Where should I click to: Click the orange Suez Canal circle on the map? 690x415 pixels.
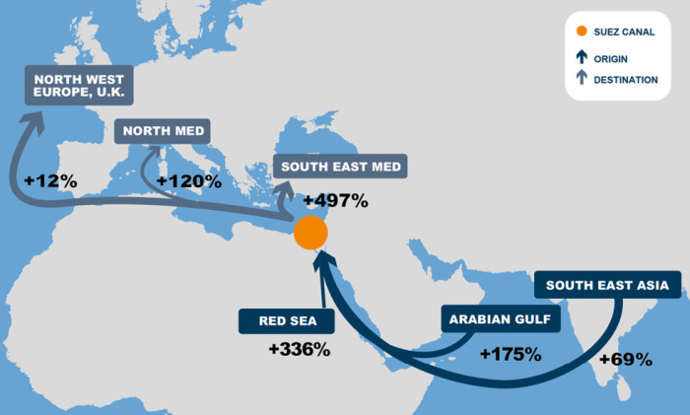(x=310, y=234)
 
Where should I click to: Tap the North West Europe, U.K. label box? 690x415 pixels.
(x=78, y=86)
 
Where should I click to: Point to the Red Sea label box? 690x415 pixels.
(x=286, y=320)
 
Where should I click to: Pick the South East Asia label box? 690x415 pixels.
(x=607, y=287)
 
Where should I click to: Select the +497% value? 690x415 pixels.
(x=335, y=201)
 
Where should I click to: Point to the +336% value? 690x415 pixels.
(x=299, y=349)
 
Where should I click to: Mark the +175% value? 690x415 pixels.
(x=510, y=353)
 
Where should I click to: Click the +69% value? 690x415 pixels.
(x=625, y=359)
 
